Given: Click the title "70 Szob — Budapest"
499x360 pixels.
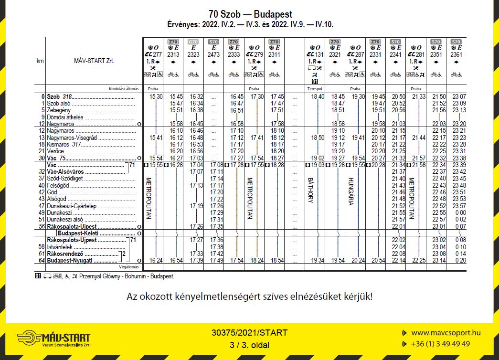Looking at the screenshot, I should point(250,15).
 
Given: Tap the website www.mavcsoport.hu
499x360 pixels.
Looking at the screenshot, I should point(446,333).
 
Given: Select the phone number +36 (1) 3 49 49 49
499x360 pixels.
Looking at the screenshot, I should point(440,344).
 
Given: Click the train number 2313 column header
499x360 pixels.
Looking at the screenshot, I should point(173,55).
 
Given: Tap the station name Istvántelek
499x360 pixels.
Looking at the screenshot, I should point(60,247).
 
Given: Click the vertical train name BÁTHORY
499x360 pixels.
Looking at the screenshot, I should point(310,190).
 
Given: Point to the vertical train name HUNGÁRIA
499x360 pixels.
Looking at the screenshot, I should point(351,191).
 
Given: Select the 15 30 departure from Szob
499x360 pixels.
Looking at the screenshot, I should point(156,96).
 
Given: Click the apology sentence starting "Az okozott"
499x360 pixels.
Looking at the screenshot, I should point(249,296).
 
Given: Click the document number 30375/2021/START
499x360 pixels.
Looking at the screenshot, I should point(250,333).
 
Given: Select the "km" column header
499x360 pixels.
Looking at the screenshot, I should point(40,61).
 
